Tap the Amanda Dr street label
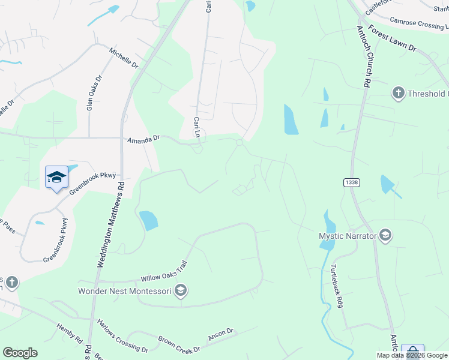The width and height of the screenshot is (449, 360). [x=143, y=139]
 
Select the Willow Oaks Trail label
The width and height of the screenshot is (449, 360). [x=164, y=272]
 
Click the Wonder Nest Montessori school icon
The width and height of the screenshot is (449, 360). [x=181, y=292]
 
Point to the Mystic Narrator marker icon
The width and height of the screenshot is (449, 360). [x=385, y=236]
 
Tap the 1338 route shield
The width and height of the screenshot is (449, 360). [x=352, y=182]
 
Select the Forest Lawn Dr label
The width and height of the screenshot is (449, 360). [x=393, y=38]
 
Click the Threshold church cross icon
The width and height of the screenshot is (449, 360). [x=397, y=93]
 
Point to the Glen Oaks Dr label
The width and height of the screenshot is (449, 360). [x=94, y=94]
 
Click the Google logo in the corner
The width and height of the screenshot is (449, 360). [x=20, y=353]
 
